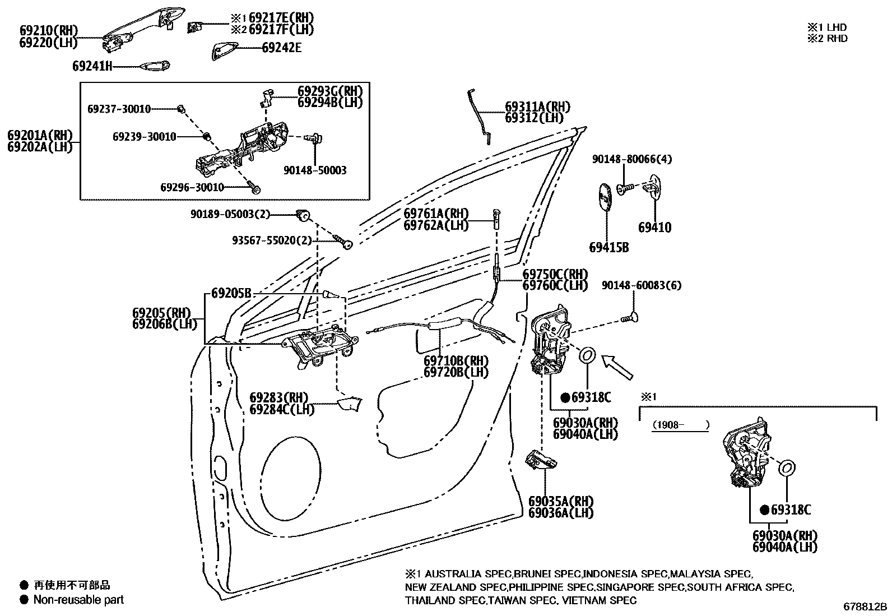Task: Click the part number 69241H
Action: coord(92,66)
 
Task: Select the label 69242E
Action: coord(281,48)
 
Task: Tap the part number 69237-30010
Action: coord(119,109)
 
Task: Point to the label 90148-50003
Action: coord(315,170)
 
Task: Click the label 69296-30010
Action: coord(192,187)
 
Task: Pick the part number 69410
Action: coord(654,228)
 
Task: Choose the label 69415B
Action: coord(608,247)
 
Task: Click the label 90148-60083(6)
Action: coord(642,285)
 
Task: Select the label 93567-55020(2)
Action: coord(272,240)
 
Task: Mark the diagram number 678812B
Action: coord(866,606)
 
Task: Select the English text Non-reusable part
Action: coord(78,600)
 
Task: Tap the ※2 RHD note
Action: coord(827,38)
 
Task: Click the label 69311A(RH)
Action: coord(537,107)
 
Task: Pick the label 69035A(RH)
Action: coord(560,501)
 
